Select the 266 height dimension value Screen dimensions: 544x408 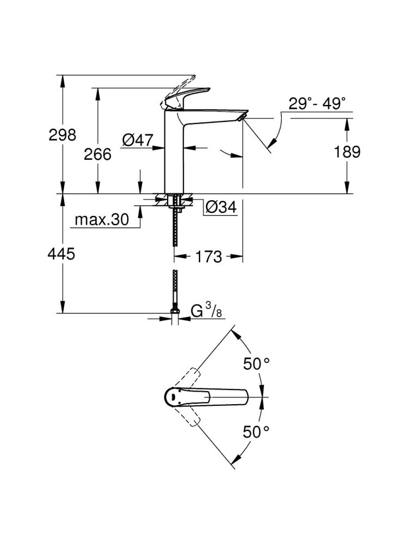[x=97, y=154]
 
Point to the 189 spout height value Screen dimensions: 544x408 [x=347, y=152]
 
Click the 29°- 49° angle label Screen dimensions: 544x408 [x=317, y=103]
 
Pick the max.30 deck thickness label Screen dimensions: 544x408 [x=102, y=220]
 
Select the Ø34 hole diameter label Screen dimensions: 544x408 [x=221, y=207]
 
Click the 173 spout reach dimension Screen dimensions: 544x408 [x=208, y=256]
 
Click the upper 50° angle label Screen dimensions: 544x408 [x=257, y=364]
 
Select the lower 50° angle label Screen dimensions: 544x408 [x=257, y=432]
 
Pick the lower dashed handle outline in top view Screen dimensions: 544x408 [x=190, y=419]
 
